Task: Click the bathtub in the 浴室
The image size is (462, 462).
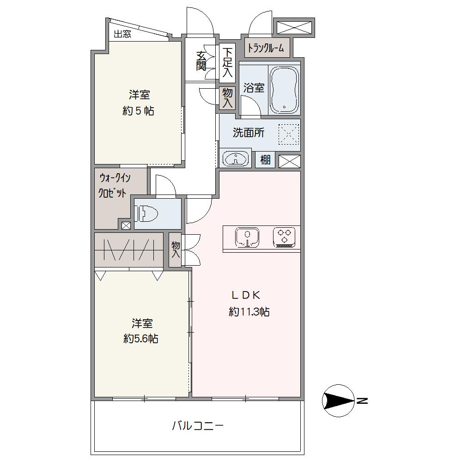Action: [284, 90]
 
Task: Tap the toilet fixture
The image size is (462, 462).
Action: [146, 213]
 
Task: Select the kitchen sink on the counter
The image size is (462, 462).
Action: [247, 237]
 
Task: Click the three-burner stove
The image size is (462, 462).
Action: [284, 237]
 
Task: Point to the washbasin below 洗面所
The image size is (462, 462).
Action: [236, 159]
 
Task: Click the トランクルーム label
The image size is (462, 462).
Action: [266, 48]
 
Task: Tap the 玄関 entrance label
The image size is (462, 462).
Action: [201, 61]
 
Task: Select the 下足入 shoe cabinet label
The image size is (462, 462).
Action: [227, 62]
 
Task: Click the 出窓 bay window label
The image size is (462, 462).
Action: [122, 34]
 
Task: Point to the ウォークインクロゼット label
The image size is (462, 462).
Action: [114, 186]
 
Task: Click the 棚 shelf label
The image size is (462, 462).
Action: [265, 160]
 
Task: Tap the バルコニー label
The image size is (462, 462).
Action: [198, 426]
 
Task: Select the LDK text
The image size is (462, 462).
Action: [246, 295]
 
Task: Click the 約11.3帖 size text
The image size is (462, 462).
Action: [249, 312]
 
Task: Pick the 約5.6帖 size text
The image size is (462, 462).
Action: [141, 339]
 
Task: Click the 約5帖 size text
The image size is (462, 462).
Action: [138, 111]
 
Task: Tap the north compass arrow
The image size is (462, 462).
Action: [339, 401]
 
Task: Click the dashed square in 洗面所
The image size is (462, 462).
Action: [289, 134]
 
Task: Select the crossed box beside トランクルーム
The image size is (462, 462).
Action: [294, 28]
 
